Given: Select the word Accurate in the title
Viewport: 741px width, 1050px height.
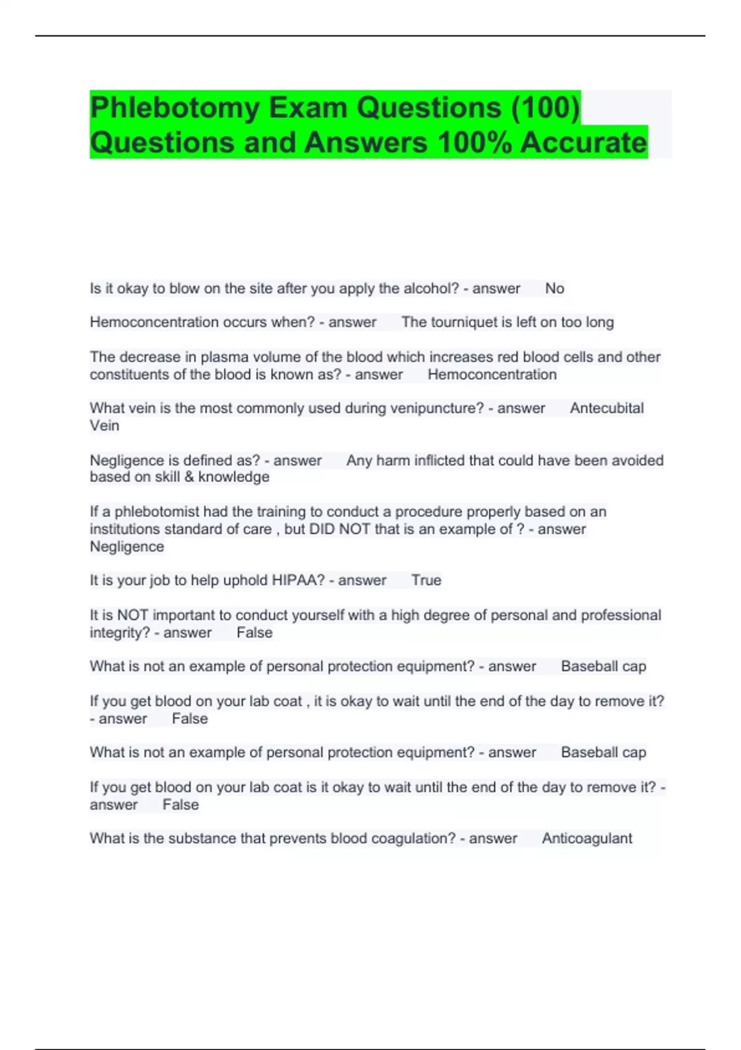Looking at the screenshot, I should click(584, 143).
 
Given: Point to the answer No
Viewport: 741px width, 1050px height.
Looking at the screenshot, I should click(555, 288).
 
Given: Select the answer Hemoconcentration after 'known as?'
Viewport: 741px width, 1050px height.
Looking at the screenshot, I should click(492, 374).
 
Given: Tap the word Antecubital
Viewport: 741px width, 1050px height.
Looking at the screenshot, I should click(606, 408).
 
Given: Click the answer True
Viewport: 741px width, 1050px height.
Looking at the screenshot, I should click(426, 581).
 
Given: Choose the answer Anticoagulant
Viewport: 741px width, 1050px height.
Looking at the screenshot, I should click(587, 839).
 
